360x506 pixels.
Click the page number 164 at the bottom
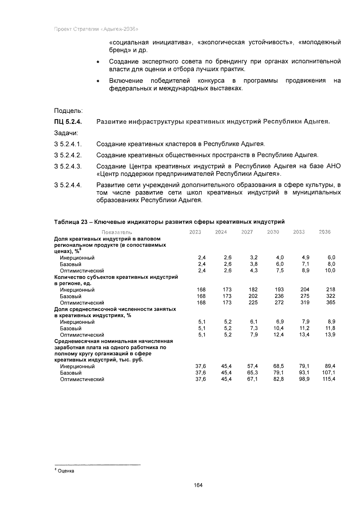198,485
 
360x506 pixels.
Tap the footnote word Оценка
65,471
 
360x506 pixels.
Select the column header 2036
325,232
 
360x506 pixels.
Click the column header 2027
247,232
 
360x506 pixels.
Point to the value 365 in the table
331,303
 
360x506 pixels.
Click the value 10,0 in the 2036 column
330,270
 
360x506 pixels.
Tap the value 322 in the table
331,296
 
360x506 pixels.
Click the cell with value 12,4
279,335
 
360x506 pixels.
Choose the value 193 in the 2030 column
279,290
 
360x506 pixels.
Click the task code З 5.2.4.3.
68,166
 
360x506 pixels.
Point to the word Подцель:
68,111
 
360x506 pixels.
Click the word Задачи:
66,133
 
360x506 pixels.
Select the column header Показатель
117,232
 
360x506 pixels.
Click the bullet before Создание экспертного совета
98,62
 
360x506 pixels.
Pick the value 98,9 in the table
304,379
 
